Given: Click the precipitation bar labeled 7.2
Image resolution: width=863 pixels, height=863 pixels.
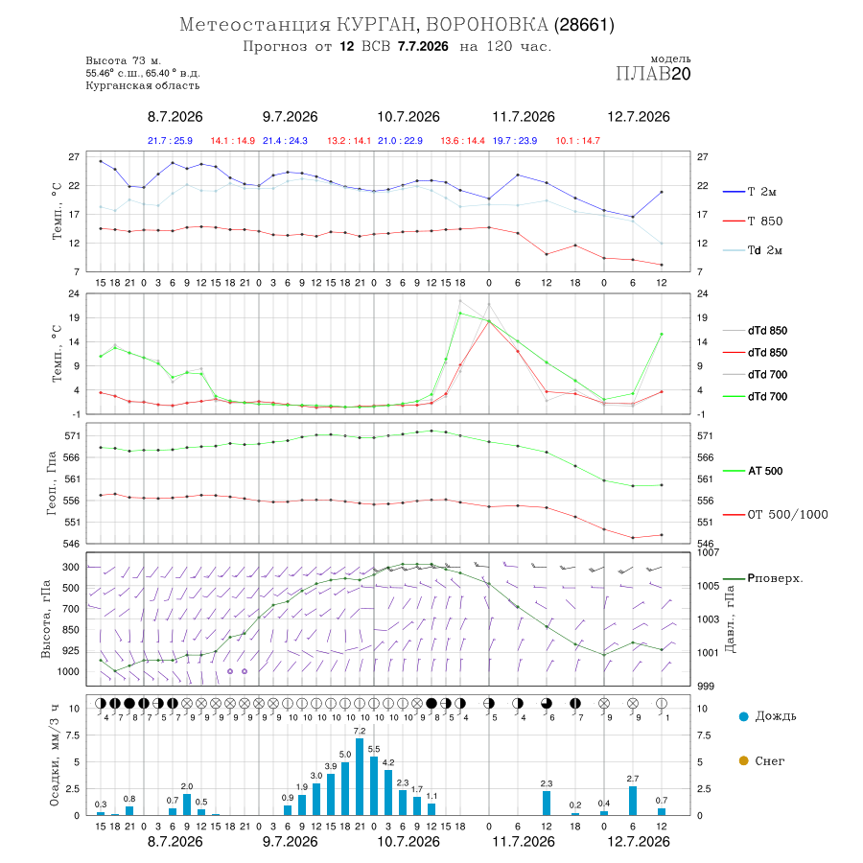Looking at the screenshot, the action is [360, 777].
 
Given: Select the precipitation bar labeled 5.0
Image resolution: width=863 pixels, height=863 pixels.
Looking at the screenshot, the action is [345, 788].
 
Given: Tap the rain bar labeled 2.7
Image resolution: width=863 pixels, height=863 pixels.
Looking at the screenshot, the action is [633, 801].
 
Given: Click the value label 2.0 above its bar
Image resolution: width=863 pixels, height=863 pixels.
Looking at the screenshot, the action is [187, 786].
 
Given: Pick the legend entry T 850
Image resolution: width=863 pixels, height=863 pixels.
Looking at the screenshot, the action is [753, 222].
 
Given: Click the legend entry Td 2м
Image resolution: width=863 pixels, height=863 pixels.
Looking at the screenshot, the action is [753, 250].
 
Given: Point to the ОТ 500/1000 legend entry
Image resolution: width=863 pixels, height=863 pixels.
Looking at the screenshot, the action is [775, 515].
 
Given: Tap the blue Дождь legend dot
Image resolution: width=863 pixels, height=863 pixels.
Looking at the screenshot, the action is [743, 716].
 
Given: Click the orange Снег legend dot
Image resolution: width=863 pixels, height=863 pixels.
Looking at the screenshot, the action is [743, 760].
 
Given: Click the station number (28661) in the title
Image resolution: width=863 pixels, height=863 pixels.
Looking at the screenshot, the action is [584, 25].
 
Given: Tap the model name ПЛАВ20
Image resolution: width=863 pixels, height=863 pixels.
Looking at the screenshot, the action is [653, 74].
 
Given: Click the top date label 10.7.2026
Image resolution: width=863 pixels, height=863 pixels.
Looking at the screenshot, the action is [408, 117].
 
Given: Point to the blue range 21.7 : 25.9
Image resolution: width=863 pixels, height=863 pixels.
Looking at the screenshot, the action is [170, 141].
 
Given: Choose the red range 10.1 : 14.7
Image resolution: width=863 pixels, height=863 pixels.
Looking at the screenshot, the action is [578, 141].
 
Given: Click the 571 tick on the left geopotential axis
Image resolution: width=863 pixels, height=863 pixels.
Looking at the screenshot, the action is [73, 436].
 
